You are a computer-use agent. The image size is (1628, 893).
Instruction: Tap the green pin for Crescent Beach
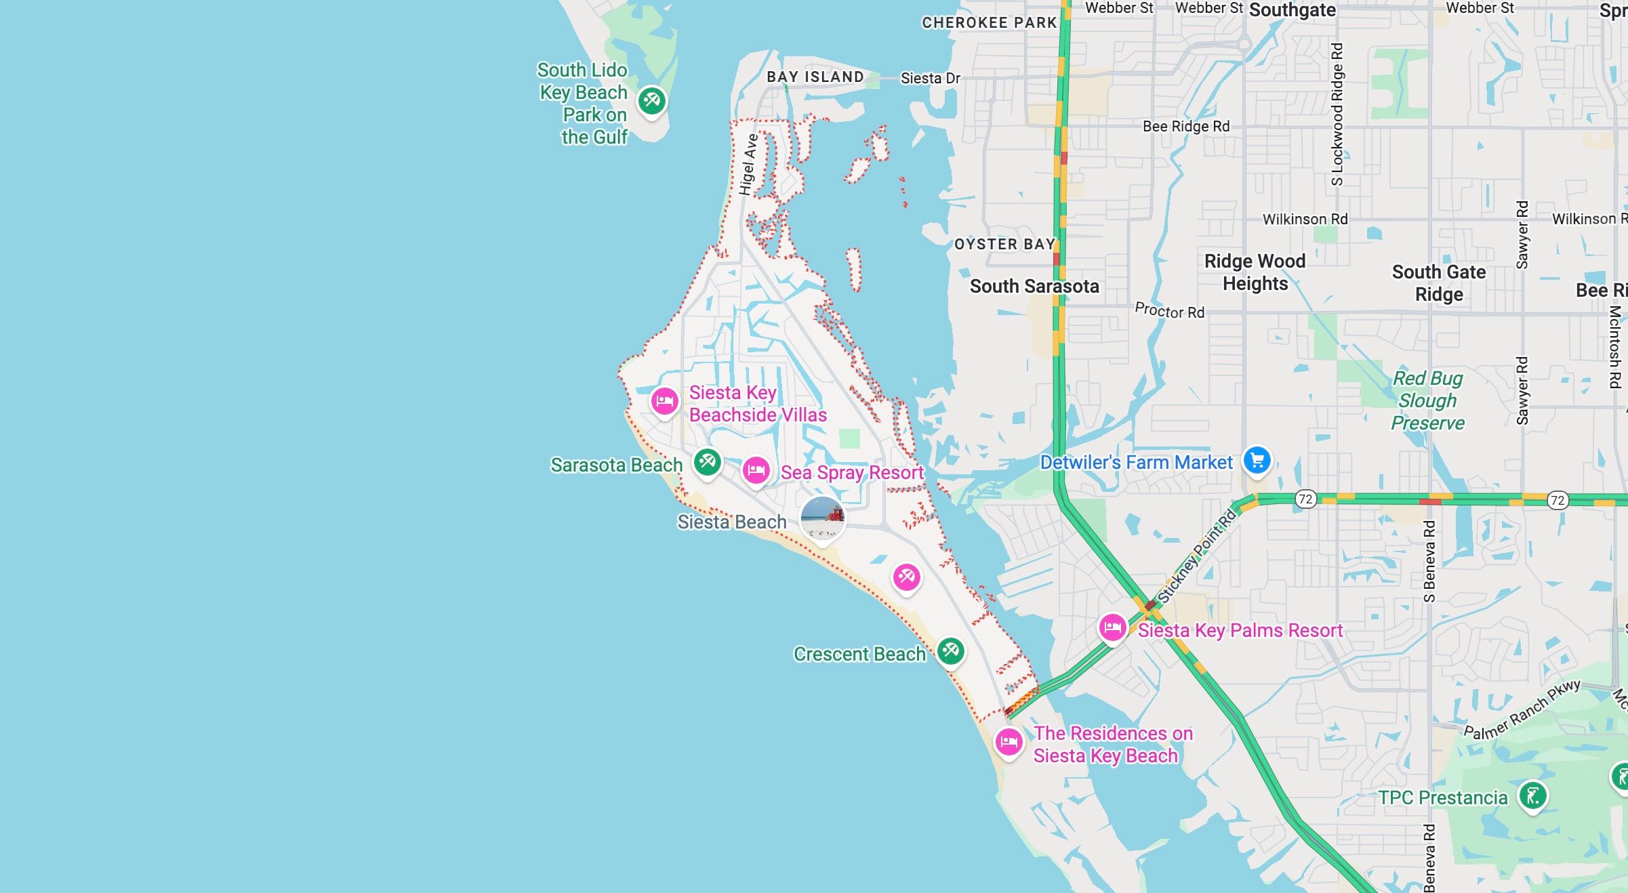click(x=950, y=651)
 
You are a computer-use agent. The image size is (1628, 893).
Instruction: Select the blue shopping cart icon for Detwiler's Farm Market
click(x=1257, y=461)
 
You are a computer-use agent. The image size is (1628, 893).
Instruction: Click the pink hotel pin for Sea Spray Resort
click(x=756, y=470)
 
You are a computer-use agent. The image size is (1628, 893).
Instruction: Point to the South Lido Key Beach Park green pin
click(x=651, y=101)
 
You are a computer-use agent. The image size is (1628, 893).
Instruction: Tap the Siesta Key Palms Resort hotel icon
click(x=1112, y=627)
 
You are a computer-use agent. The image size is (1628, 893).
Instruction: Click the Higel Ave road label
click(x=748, y=165)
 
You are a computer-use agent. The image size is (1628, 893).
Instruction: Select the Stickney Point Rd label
click(x=1197, y=556)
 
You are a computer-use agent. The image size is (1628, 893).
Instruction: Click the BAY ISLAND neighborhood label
click(x=815, y=77)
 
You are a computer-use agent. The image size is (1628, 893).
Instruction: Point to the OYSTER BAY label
click(x=1004, y=245)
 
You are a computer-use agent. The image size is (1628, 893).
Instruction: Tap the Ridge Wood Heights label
click(x=1255, y=272)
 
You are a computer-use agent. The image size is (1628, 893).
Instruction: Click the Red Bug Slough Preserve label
click(x=1427, y=400)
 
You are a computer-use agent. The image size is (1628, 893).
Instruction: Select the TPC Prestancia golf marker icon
click(x=1532, y=795)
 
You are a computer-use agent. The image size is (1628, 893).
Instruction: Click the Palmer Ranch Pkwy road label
click(x=1522, y=710)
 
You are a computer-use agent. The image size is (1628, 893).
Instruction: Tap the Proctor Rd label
click(x=1169, y=311)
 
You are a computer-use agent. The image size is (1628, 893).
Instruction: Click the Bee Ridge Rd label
click(x=1185, y=127)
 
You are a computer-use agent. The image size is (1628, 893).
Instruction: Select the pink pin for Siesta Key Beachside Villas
click(x=664, y=401)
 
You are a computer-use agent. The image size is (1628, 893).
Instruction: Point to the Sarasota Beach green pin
click(x=708, y=463)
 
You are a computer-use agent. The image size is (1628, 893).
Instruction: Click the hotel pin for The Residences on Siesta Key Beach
click(x=1009, y=741)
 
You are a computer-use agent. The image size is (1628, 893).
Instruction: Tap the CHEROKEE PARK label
click(x=989, y=23)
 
